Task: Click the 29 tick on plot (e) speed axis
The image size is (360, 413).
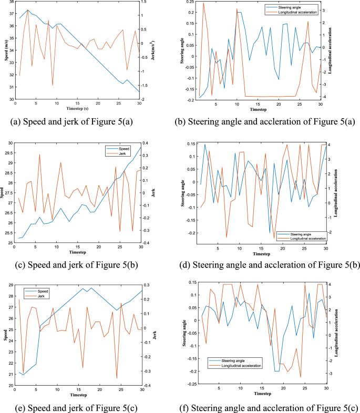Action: (x=10, y=285)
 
